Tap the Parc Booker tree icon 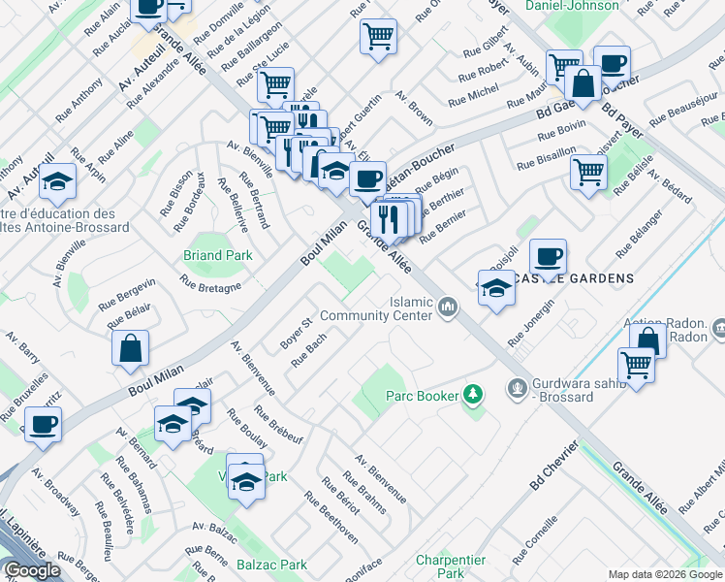pos(473,395)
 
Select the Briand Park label pos(218,255)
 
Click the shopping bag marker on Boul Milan pos(130,349)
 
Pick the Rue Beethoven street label pos(331,518)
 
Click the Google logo pos(32,571)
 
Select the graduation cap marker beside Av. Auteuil pos(58,181)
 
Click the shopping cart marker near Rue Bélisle pos(588,174)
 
